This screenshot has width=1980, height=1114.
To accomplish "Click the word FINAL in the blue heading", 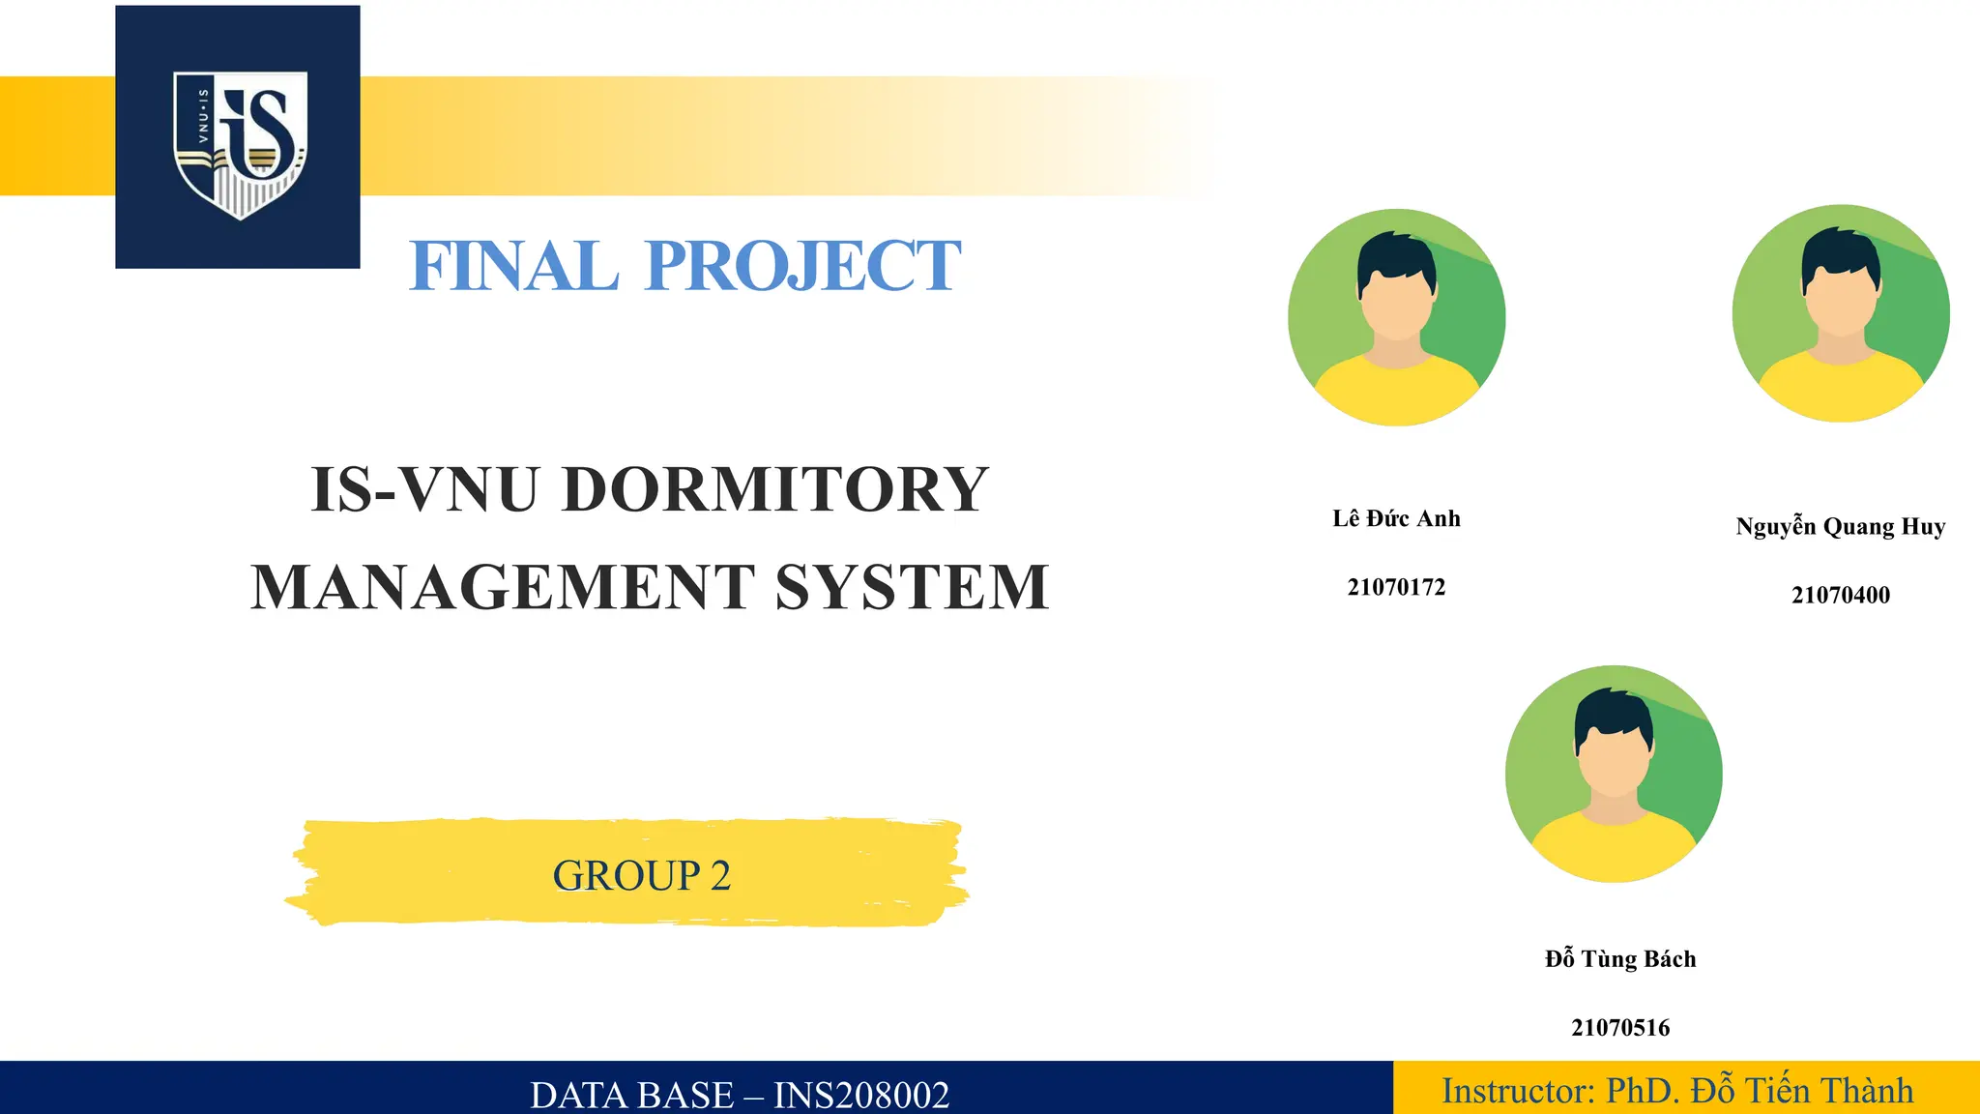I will tap(513, 266).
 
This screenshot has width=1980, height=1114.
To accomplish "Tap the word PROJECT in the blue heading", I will tap(802, 266).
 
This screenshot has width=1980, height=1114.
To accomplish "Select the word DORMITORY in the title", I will tap(775, 489).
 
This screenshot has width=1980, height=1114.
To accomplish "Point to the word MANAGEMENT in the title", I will tap(503, 587).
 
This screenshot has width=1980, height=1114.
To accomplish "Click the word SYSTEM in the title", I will tap(912, 587).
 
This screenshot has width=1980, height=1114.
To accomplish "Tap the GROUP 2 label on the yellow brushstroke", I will tap(641, 876).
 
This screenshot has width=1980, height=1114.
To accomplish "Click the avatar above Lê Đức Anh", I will tap(1396, 317).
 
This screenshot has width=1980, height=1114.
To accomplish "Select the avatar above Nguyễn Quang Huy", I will tap(1840, 313).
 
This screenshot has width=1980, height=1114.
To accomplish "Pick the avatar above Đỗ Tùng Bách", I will tap(1614, 774).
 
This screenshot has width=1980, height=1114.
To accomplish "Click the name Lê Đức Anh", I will tap(1396, 519).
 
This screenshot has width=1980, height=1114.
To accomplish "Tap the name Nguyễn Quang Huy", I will tap(1840, 527).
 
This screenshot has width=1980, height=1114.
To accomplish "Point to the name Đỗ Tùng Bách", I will tap(1620, 959).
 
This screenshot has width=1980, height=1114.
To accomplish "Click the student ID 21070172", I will tap(1396, 587).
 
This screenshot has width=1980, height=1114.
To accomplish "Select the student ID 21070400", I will tap(1840, 595).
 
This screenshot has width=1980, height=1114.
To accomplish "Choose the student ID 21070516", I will tap(1620, 1028).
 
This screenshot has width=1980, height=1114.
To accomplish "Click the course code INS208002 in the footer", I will tap(861, 1095).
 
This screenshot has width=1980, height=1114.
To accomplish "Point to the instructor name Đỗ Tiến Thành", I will tap(1801, 1091).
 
